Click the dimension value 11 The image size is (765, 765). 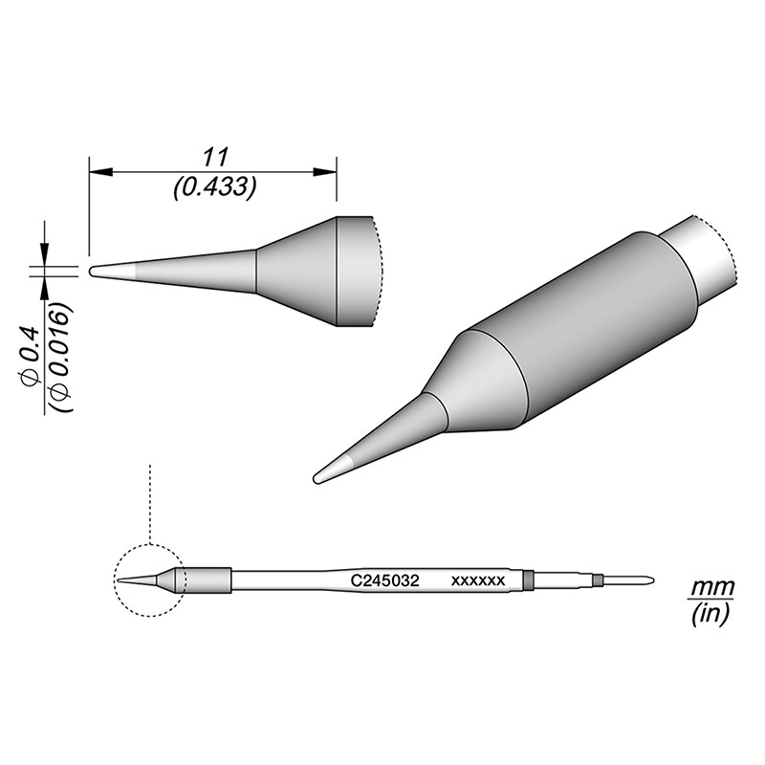tap(213, 156)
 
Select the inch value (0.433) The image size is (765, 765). tap(213, 188)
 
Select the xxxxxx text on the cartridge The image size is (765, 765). tap(477, 580)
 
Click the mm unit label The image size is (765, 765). tap(709, 585)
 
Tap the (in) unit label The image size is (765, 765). tap(709, 615)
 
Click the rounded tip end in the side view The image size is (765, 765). tap(93, 271)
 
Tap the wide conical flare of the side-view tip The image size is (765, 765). tap(296, 272)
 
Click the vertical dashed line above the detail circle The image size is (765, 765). tap(150, 502)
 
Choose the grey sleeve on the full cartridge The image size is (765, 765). tap(208, 580)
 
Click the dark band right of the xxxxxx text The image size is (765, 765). tap(528, 579)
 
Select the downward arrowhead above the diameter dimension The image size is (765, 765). tap(44, 251)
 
